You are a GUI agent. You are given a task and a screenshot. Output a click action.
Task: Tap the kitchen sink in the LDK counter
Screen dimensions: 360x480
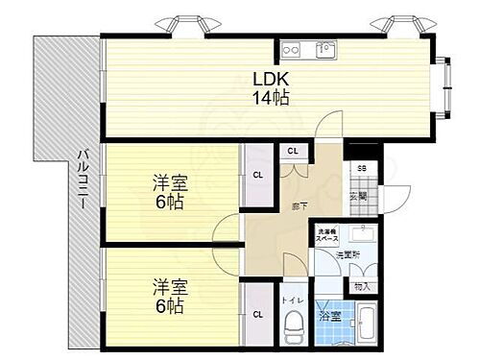point(324,50)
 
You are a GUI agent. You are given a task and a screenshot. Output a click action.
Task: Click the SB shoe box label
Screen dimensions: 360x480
point(361,168)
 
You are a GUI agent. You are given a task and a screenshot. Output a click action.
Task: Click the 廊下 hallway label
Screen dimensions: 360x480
point(298,204)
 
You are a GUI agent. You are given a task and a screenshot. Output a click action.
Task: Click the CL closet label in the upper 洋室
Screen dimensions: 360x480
point(257,175)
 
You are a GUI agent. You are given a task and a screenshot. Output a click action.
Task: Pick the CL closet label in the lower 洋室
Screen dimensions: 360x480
point(257,313)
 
